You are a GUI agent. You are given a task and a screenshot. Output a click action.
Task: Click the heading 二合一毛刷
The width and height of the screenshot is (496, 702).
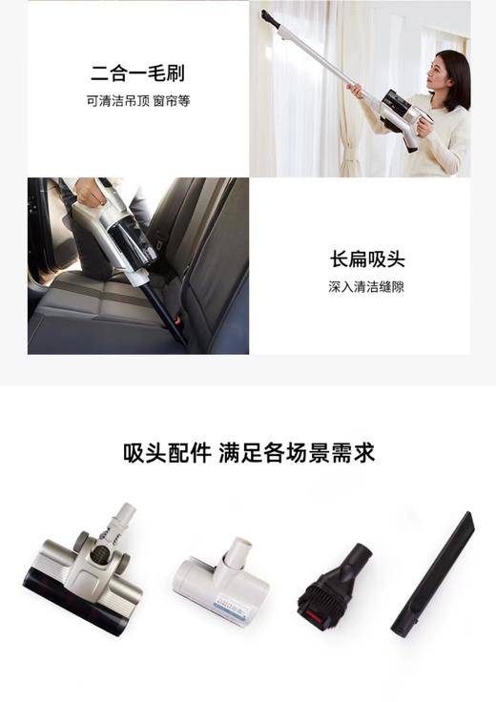137,72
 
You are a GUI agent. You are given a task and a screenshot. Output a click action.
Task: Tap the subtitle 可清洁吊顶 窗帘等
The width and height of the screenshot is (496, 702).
137,100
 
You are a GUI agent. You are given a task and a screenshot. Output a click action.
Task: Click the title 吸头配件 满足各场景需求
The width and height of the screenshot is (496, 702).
248,452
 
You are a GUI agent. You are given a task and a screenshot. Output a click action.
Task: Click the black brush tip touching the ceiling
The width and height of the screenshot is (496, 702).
270,18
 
